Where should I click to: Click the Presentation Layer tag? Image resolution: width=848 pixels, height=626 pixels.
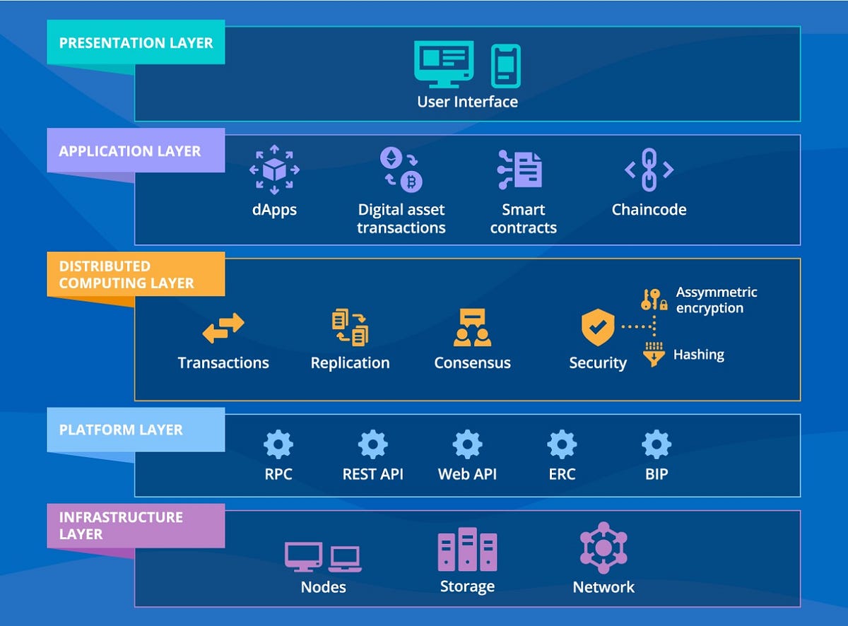pos(136,42)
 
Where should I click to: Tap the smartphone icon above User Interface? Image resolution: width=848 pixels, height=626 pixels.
pos(505,65)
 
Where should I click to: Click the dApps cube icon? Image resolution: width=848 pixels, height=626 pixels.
pos(274,170)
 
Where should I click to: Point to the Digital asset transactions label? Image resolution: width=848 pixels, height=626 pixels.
pos(401,218)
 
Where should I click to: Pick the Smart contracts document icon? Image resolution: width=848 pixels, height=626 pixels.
pos(520,170)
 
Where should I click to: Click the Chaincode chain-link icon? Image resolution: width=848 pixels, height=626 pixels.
pos(649,170)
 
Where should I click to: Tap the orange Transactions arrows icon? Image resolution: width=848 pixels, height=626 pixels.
pos(223,329)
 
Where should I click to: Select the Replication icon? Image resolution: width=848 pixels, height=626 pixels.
pos(350,328)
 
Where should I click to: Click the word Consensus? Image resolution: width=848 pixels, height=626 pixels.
pos(472,363)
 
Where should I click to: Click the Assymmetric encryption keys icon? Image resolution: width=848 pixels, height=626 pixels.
pos(654,300)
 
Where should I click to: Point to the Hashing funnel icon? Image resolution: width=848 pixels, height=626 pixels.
pos(654,354)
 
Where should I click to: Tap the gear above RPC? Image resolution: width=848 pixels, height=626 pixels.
pos(278,444)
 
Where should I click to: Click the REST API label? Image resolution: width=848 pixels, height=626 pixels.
pos(372,474)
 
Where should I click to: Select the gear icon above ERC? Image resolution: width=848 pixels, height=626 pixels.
pos(562,444)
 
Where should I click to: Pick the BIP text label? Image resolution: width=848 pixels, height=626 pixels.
pos(656,474)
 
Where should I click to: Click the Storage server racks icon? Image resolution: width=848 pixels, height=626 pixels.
pos(467,550)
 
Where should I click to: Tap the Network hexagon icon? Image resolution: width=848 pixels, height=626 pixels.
pos(603,548)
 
